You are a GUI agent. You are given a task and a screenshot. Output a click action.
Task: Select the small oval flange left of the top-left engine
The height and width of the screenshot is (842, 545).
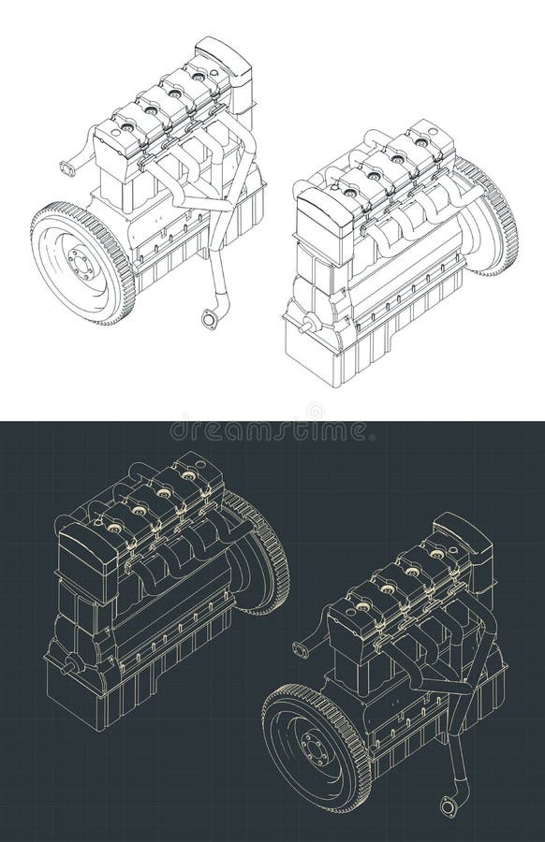pos(68,169)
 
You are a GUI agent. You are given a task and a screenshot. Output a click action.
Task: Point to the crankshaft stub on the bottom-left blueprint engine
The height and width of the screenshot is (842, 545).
pos(66,665)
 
